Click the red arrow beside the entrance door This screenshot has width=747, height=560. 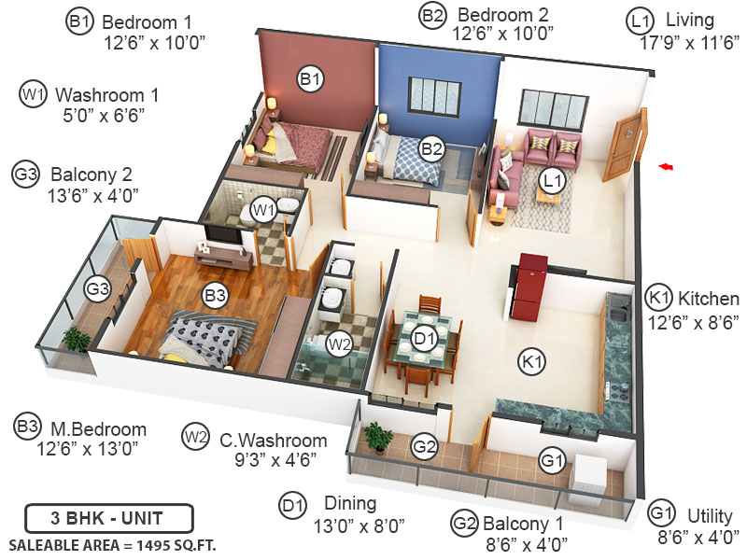click(x=666, y=166)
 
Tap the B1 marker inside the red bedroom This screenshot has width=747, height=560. click(x=310, y=79)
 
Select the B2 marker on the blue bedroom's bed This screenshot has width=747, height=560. click(x=430, y=147)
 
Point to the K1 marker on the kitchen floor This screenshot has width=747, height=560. click(x=532, y=359)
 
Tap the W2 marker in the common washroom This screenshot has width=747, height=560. click(x=338, y=343)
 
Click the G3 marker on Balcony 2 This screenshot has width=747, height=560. click(x=97, y=289)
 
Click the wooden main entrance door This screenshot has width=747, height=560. click(x=624, y=145)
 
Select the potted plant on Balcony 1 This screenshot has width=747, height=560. click(x=378, y=437)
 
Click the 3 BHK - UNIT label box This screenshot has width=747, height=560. click(x=109, y=517)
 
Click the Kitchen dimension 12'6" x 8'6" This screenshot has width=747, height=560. click(x=694, y=322)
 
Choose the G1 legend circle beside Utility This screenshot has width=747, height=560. click(x=662, y=511)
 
